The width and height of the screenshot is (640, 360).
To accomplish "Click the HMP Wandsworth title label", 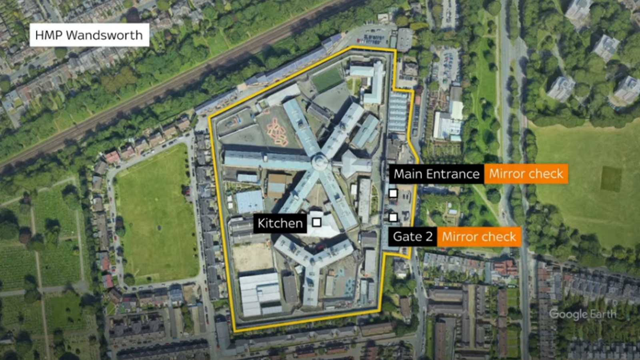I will (89, 35).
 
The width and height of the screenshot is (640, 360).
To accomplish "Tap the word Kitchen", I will (280, 223).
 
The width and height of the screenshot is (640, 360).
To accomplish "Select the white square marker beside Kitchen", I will (316, 222).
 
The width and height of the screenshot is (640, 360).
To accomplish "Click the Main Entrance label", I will (436, 174).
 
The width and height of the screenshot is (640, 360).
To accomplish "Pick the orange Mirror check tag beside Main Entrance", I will (526, 174).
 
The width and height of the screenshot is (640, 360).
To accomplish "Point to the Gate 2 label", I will (412, 236).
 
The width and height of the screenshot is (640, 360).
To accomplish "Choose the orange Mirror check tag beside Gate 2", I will (479, 236).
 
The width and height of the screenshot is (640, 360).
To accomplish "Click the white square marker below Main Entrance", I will (393, 194).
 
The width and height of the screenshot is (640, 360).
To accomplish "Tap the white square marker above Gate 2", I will (393, 217).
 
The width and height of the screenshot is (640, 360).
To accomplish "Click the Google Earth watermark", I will (582, 314).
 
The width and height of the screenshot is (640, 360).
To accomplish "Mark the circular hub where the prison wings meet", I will (319, 162).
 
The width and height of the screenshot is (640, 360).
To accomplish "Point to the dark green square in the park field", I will (611, 178).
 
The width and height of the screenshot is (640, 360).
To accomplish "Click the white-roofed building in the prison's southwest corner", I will (260, 294).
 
